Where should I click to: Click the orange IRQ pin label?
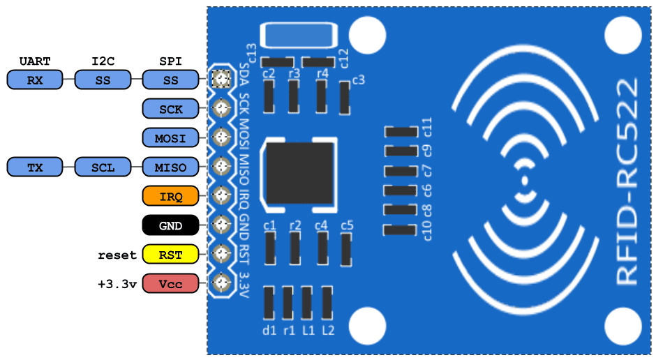(171, 197)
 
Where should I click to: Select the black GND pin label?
(171, 226)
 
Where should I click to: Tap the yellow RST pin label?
(171, 255)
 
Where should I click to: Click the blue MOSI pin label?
(171, 138)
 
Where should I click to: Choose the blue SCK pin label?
(171, 109)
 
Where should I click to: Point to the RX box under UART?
(35, 80)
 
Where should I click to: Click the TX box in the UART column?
(35, 167)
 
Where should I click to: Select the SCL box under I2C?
(103, 167)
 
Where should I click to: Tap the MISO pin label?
(171, 167)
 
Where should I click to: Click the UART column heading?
(35, 61)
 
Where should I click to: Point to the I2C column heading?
(103, 61)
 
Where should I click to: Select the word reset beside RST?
(117, 255)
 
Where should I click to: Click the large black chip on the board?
(299, 175)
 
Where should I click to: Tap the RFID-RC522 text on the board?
(626, 181)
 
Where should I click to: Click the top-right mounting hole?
(622, 33)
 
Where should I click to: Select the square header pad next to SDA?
(221, 79)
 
